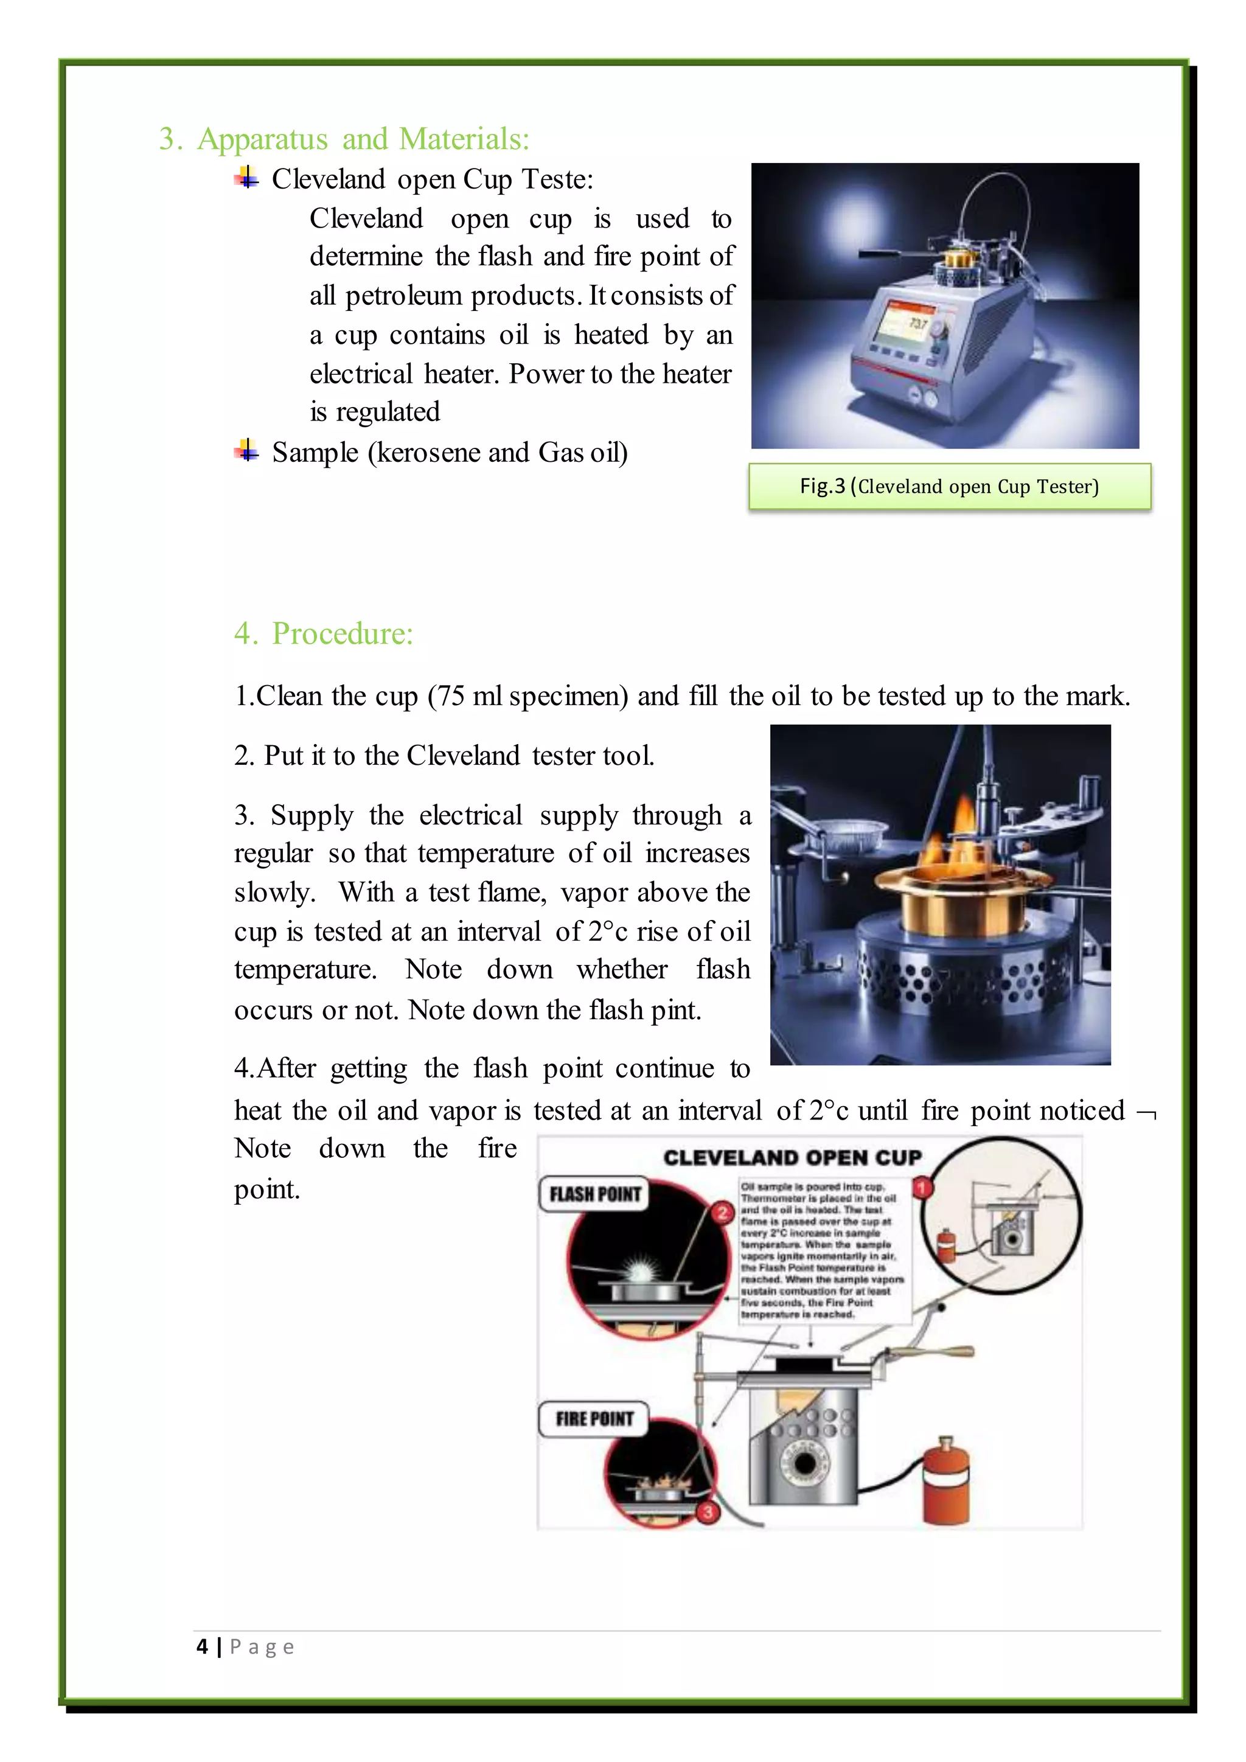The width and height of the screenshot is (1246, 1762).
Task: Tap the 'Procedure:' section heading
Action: click(x=341, y=634)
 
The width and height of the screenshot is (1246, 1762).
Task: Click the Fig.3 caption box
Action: click(x=949, y=487)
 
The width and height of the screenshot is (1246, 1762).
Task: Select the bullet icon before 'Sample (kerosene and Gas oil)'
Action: click(x=246, y=451)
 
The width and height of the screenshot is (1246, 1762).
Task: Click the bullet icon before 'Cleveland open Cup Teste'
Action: click(x=246, y=178)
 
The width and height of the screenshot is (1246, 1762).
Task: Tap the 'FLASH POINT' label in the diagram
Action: click(x=594, y=1194)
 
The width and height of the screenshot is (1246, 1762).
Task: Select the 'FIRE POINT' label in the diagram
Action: click(x=594, y=1418)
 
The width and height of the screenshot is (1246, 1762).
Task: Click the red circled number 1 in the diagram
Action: click(x=922, y=1189)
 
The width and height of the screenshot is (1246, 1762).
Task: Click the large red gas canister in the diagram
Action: click(x=946, y=1481)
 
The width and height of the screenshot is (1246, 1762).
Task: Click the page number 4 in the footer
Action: click(x=202, y=1647)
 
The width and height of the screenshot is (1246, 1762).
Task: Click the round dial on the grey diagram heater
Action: click(x=805, y=1463)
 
